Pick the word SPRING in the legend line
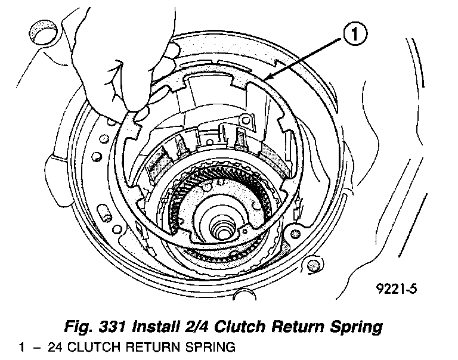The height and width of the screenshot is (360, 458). coord(212,346)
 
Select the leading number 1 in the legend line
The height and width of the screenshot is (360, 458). coord(22,346)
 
